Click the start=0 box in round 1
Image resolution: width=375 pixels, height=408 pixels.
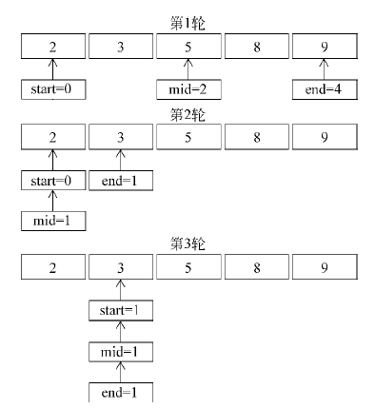(x=53, y=90)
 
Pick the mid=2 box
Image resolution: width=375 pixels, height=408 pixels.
(x=188, y=90)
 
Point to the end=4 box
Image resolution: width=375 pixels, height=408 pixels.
(x=325, y=90)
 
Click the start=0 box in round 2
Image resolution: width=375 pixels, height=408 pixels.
(x=53, y=181)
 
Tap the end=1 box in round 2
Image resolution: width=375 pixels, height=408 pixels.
(x=120, y=181)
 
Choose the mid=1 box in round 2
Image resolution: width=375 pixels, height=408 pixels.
(x=53, y=223)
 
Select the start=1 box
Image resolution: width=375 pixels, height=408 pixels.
(x=120, y=311)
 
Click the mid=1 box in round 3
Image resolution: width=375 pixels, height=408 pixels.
(x=120, y=352)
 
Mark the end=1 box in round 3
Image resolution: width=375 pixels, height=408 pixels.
(x=120, y=392)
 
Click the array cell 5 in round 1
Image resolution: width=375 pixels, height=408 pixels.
(x=188, y=45)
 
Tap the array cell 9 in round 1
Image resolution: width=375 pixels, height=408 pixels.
(x=325, y=45)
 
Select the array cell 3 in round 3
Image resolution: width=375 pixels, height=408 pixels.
(x=120, y=267)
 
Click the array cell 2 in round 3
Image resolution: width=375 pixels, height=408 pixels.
(x=53, y=267)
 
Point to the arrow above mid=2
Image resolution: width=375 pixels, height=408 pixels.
(x=188, y=68)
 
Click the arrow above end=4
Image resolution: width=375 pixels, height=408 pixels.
(x=325, y=68)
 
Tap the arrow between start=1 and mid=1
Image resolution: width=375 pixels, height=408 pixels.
(x=120, y=332)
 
